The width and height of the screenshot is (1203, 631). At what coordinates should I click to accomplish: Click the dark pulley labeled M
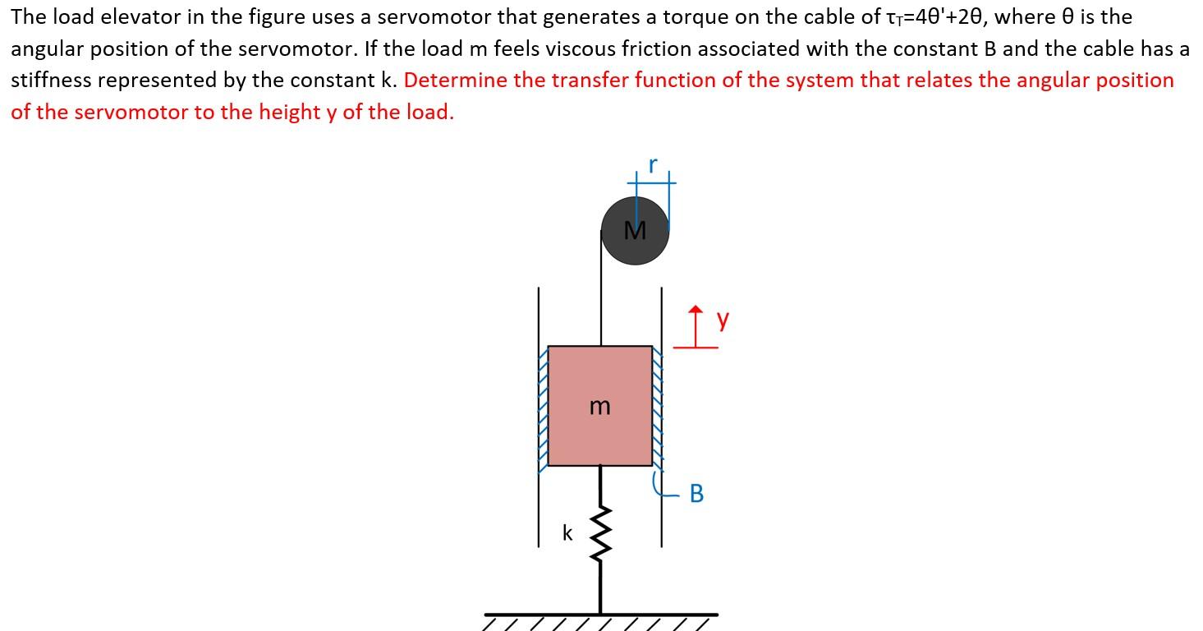(635, 231)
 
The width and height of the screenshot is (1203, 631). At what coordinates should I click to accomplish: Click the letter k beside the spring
(567, 532)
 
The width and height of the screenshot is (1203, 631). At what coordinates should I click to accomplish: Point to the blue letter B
(696, 493)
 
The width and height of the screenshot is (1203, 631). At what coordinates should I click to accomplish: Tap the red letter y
(722, 319)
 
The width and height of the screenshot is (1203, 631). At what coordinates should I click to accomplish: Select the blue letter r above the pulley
(652, 164)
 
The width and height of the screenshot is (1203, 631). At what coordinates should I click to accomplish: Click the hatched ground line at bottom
(600, 615)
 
